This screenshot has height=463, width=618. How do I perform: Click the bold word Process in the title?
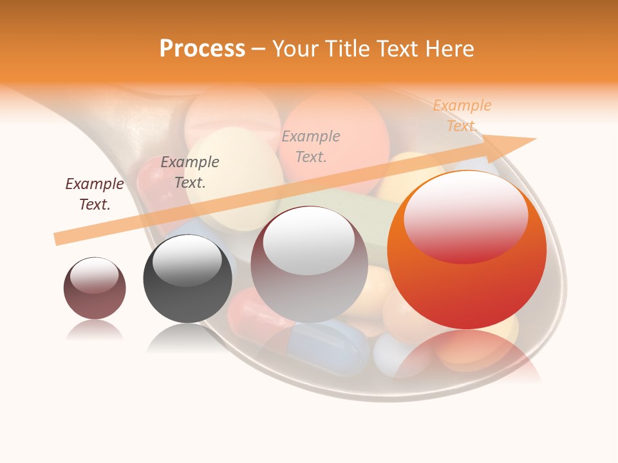202,49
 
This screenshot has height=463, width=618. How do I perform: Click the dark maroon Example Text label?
95,194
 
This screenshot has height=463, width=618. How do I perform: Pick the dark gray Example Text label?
190,172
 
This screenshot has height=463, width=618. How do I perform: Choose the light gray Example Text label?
311,146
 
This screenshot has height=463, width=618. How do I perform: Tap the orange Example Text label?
462,116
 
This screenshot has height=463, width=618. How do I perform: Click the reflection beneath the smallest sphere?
95,331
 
